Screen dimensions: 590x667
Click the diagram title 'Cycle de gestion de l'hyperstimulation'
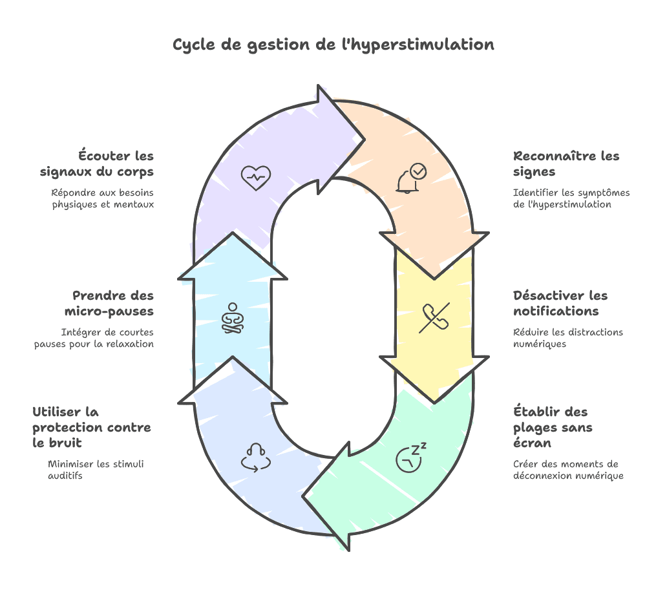[333, 45]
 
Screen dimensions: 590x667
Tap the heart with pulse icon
[255, 176]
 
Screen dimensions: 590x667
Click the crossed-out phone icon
[434, 317]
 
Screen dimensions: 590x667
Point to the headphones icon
[255, 458]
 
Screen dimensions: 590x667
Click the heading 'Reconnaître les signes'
[566, 164]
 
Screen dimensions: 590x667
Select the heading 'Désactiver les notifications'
[560, 303]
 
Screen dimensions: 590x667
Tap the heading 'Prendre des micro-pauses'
[109, 303]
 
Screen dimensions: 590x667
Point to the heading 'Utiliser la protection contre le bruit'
[92, 427]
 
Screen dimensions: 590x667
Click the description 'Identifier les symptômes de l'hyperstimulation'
[571, 198]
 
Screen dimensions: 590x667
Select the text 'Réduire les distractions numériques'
[568, 338]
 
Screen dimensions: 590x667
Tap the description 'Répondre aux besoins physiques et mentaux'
[103, 198]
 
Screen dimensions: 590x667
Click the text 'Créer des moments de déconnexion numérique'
[568, 470]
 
